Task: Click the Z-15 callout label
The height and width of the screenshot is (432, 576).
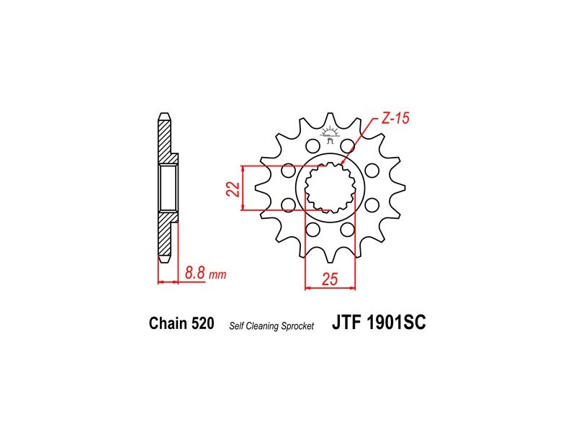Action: (395, 119)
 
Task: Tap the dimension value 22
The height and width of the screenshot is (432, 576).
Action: (233, 189)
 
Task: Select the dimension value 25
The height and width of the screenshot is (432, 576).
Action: (330, 279)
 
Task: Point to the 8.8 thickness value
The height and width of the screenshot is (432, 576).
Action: (194, 273)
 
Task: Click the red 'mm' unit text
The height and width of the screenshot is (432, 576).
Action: (217, 275)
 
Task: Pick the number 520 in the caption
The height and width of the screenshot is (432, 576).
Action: (202, 323)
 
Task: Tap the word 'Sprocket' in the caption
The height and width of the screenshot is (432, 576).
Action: (297, 326)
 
